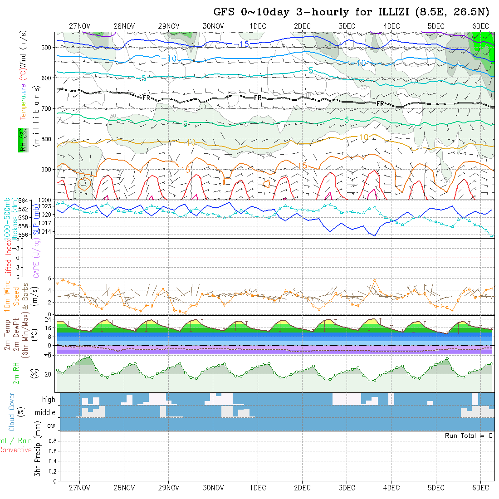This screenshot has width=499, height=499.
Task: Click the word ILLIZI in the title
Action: point(393,12)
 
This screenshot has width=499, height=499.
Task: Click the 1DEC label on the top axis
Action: point(258,26)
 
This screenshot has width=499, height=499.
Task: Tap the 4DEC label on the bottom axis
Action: point(391,488)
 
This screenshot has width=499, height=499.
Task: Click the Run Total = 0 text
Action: point(469,435)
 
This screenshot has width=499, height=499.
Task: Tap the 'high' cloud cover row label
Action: point(49,400)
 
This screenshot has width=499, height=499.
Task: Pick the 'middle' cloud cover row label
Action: point(45,412)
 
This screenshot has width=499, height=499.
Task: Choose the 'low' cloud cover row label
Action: point(50,426)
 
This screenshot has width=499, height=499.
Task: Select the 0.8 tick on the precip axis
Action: point(52,441)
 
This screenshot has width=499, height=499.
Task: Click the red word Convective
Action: point(15,450)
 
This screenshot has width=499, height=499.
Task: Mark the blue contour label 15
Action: point(244,44)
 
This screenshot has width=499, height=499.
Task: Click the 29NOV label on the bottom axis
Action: point(169,488)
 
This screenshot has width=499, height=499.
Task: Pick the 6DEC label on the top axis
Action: point(480,26)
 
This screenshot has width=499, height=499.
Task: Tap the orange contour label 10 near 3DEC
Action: point(363,137)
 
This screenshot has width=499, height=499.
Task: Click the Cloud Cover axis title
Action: point(12,412)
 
